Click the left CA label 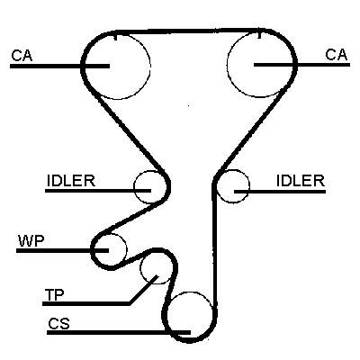tap(22, 56)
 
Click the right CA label tap(337, 55)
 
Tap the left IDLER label tap(71, 181)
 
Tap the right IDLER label tap(301, 181)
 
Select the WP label tap(31, 241)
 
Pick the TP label tap(54, 295)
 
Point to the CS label tap(59, 324)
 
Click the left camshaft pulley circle tap(150, 65)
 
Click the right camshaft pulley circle tap(227, 64)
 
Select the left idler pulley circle tap(134, 187)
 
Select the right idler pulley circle tap(249, 186)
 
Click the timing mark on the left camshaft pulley tap(115, 36)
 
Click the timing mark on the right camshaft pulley tap(260, 34)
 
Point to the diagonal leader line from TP tap(143, 289)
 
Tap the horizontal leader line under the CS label tap(119, 332)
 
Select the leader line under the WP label tap(62, 250)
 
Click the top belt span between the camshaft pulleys tap(187, 31)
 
